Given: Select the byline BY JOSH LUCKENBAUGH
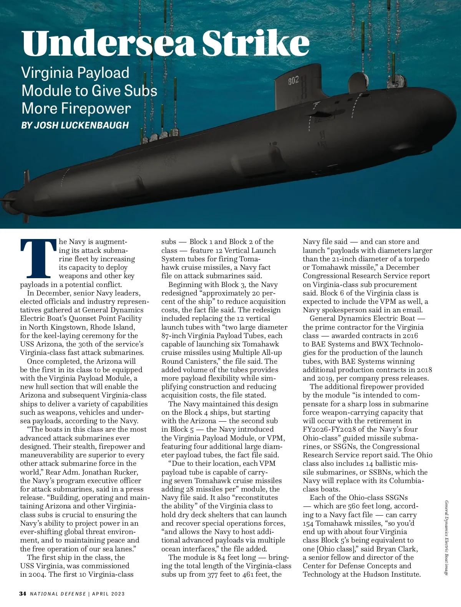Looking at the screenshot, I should point(75,125).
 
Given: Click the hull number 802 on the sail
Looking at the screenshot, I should point(294,81).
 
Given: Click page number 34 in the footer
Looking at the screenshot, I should point(23,594).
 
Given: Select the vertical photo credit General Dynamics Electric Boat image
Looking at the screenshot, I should point(447,537).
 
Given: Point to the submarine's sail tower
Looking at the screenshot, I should point(298,92).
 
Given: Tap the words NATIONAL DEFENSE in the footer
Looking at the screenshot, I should point(58,594).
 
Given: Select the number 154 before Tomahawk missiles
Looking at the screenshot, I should point(308,523).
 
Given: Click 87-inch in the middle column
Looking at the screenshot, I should point(173,336).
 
